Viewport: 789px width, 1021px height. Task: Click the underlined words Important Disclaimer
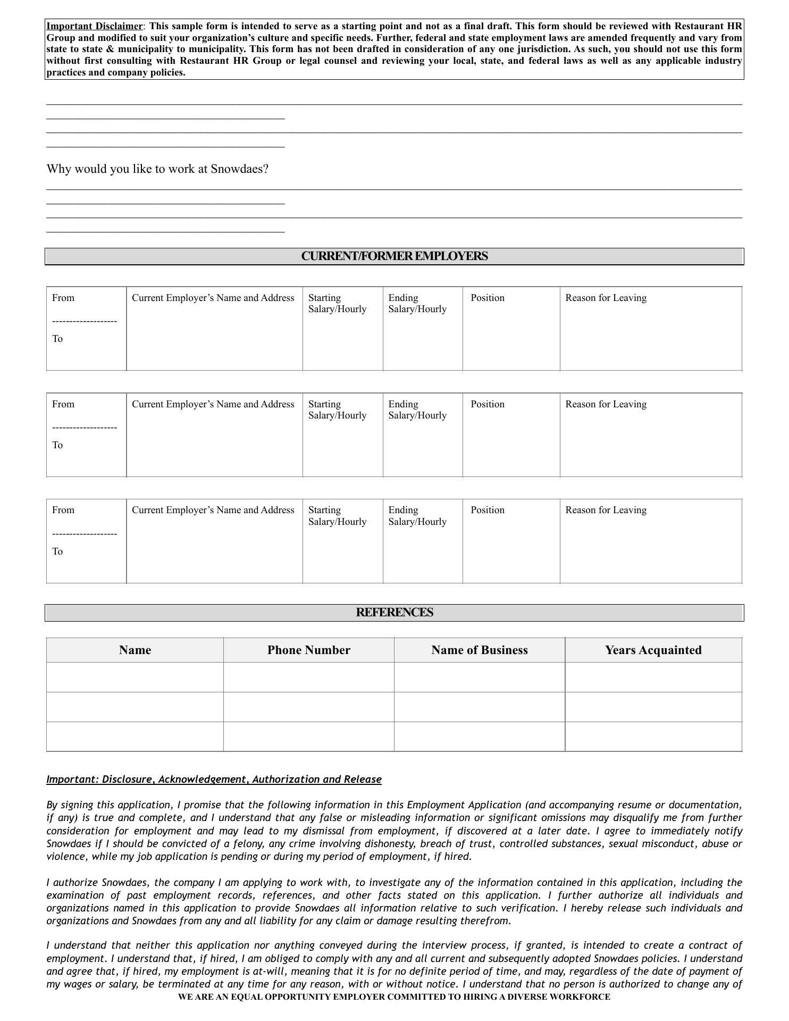(x=95, y=26)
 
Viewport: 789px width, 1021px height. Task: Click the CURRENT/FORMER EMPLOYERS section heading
(x=394, y=256)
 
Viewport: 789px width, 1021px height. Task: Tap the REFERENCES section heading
(x=394, y=613)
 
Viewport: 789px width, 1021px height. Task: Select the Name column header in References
(x=135, y=650)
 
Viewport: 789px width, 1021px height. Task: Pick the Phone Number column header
(x=308, y=650)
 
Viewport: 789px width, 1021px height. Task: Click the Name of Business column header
(x=479, y=650)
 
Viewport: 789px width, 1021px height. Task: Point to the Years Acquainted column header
(x=653, y=650)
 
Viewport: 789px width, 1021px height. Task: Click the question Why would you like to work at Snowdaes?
(x=157, y=169)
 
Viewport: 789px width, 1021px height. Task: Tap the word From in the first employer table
(x=63, y=298)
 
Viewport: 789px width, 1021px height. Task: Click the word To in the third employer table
(x=57, y=551)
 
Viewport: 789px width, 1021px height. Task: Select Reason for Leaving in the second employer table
(x=606, y=404)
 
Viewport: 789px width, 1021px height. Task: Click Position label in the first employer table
(x=487, y=298)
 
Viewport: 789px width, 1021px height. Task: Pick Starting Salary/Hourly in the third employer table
(x=337, y=516)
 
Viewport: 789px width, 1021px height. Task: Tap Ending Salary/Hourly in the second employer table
(x=417, y=409)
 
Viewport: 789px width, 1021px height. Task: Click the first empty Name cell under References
(x=135, y=677)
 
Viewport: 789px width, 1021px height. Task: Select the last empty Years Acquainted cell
(x=653, y=737)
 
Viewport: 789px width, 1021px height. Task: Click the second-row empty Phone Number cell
(x=308, y=707)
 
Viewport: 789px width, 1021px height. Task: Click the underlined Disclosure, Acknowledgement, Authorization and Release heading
(x=214, y=780)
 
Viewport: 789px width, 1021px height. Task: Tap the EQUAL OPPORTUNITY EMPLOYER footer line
(x=394, y=997)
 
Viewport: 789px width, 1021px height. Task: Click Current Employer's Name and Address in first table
(x=213, y=298)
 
